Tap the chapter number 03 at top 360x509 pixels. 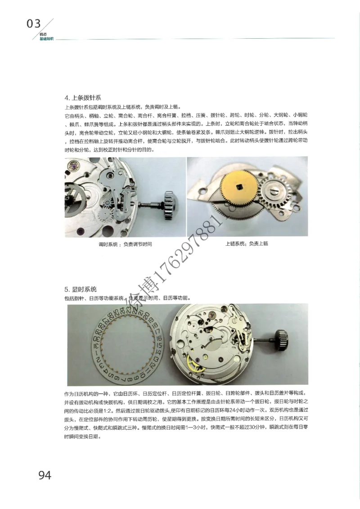pyautogui.click(x=34, y=24)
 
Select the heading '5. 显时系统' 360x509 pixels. pyautogui.click(x=81, y=288)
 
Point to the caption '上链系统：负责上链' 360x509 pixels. pyautogui.click(x=247, y=243)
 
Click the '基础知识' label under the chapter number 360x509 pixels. pyautogui.click(x=46, y=39)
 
